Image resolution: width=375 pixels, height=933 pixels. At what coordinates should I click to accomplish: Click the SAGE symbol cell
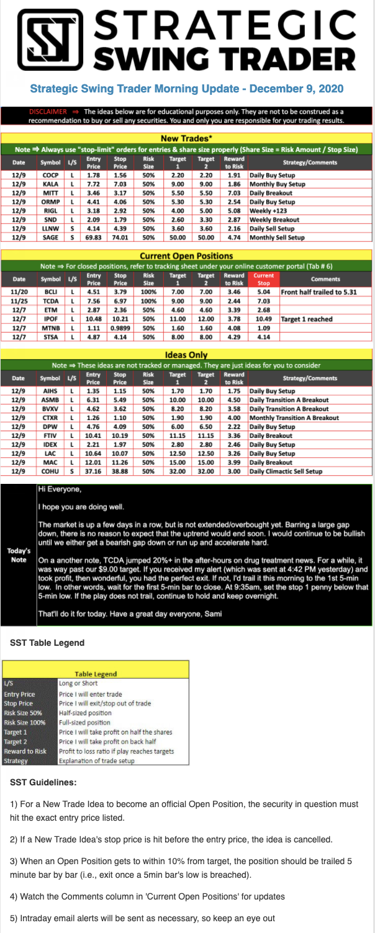pos(50,236)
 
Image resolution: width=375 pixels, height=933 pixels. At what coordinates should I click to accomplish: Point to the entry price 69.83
pos(94,236)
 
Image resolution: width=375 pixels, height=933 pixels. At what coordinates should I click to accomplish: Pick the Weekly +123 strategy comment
pos(266,210)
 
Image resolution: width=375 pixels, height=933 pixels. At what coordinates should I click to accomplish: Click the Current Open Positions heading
pos(186,255)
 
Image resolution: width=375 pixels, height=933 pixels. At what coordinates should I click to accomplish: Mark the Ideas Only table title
pos(186,354)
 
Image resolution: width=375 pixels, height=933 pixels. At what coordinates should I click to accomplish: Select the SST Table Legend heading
pos(47,643)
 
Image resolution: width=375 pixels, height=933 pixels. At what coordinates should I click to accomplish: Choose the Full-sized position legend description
pos(85,723)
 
